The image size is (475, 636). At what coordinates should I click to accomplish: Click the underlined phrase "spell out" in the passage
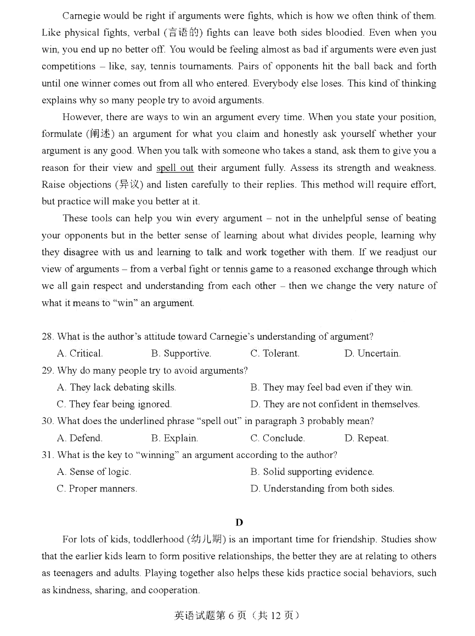click(x=174, y=168)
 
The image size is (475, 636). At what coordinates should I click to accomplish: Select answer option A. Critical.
click(x=80, y=353)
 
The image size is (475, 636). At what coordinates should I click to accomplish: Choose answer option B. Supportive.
click(x=181, y=353)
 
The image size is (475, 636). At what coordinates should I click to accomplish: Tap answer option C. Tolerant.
click(x=275, y=353)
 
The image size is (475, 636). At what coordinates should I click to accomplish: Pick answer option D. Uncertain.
click(x=372, y=353)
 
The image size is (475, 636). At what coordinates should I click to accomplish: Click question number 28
click(x=48, y=336)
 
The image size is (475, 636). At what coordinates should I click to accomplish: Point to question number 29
click(x=48, y=370)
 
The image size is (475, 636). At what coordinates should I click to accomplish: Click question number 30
click(x=48, y=421)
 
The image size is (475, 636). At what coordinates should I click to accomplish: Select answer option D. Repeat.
click(x=366, y=438)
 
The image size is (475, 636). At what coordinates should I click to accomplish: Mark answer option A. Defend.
click(x=80, y=438)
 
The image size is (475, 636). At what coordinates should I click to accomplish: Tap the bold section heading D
click(x=239, y=522)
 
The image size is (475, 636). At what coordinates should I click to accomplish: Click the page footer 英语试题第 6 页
click(x=237, y=615)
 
